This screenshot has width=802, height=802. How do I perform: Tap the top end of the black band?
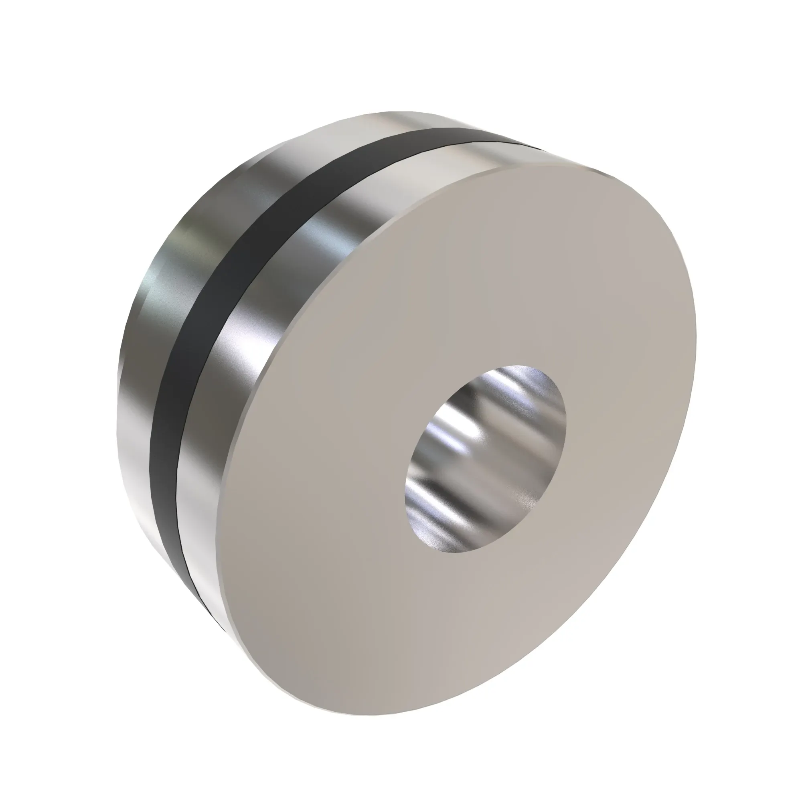pyautogui.click(x=477, y=137)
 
